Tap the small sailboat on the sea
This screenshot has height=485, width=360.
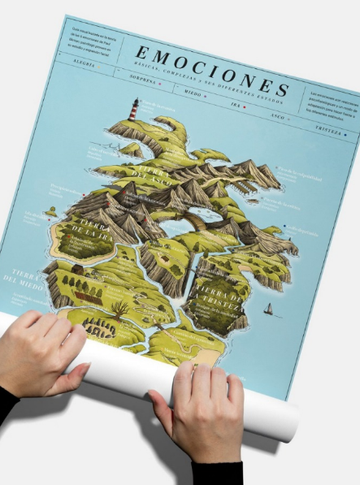coord(267,309)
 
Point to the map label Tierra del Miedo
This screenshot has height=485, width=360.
coord(24,281)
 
